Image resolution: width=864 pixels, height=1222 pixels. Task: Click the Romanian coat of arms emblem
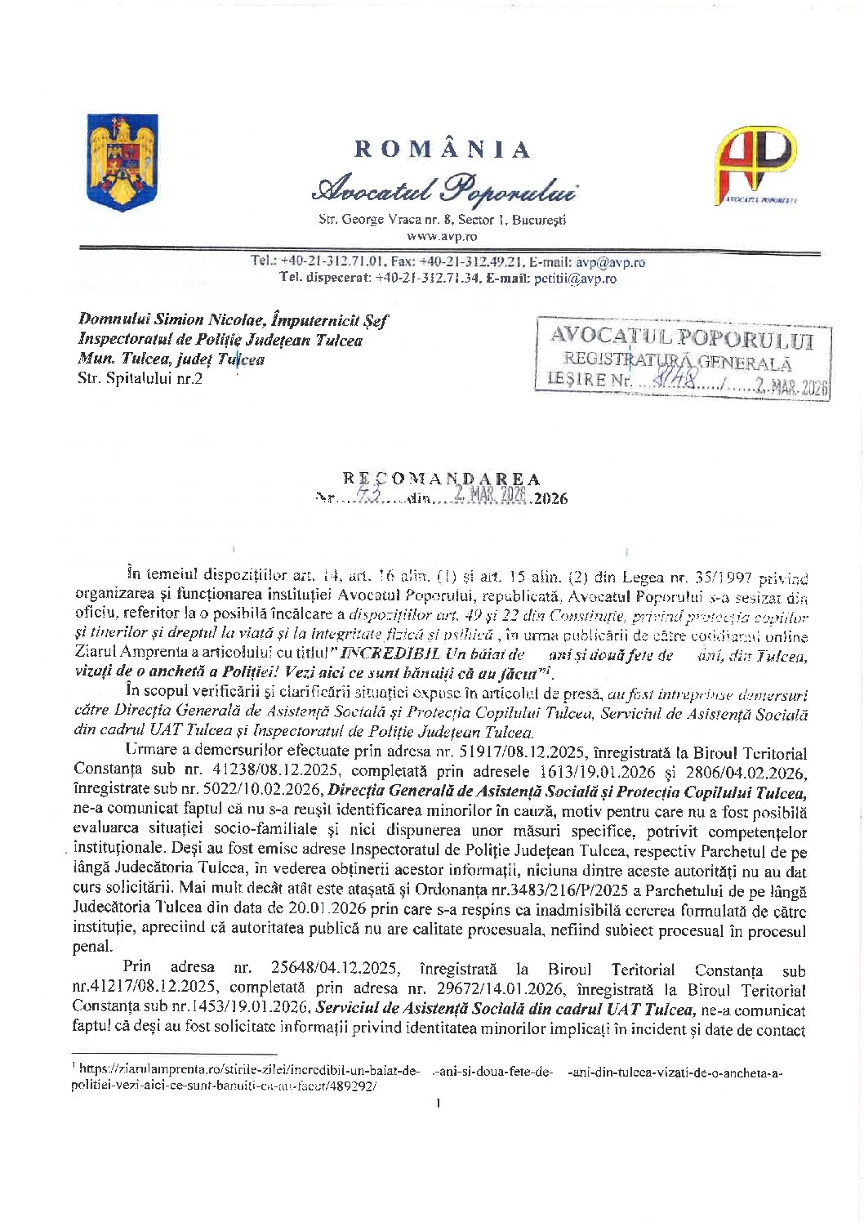pos(122,162)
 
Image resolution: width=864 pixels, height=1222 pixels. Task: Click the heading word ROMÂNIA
pos(443,149)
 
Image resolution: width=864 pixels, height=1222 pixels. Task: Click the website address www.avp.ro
pos(442,235)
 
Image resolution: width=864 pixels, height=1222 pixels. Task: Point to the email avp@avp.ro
pos(611,262)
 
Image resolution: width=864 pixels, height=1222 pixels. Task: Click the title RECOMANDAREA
pos(442,479)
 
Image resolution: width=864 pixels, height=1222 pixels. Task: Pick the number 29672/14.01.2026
pos(503,989)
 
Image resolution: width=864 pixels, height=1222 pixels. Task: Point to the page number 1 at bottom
pos(439,1104)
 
